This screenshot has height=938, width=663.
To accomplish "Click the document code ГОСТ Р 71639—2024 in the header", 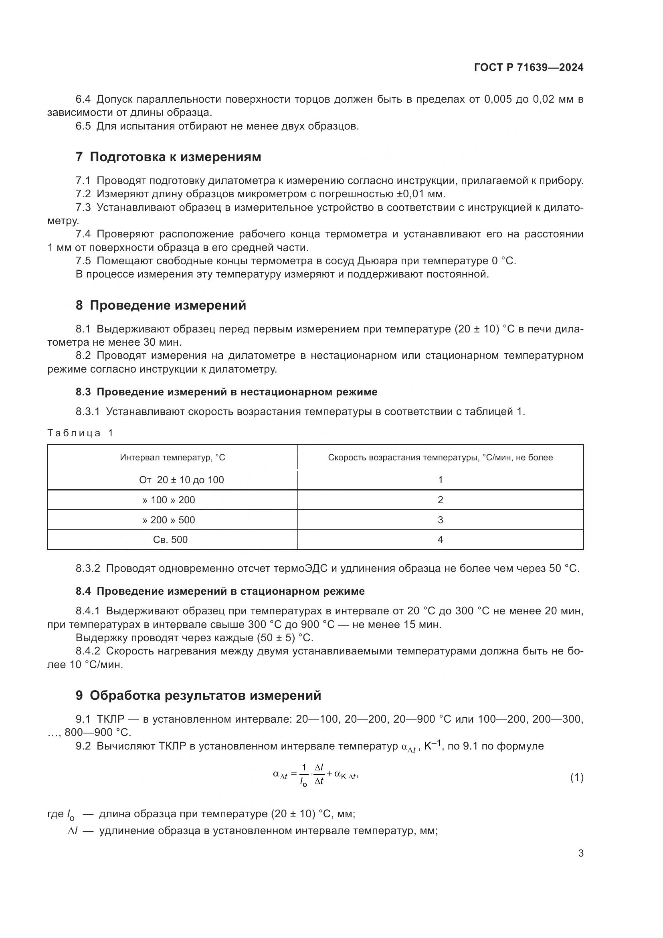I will pyautogui.click(x=529, y=68).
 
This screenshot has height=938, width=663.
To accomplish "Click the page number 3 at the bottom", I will pyautogui.click(x=580, y=853).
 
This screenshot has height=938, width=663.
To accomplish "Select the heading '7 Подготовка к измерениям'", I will pyautogui.click(x=168, y=157).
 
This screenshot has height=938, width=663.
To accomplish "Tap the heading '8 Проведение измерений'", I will pyautogui.click(x=161, y=305).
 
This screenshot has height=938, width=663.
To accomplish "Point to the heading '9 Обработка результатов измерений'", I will pyautogui.click(x=198, y=695).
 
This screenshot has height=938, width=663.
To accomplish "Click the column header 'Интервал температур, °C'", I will pyautogui.click(x=172, y=458).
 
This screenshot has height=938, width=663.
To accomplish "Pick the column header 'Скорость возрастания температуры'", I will pyautogui.click(x=440, y=458).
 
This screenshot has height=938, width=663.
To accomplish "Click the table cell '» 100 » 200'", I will pyautogui.click(x=169, y=500).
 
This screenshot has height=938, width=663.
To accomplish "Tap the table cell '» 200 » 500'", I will pyautogui.click(x=169, y=520).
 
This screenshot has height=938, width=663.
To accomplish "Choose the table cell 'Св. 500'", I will pyautogui.click(x=170, y=540).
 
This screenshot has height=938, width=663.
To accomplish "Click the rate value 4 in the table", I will pyautogui.click(x=440, y=540).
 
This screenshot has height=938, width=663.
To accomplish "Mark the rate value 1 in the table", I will pyautogui.click(x=440, y=480).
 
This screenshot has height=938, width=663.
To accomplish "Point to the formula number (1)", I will pyautogui.click(x=576, y=778).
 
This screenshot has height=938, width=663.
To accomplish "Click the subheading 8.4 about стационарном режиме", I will pyautogui.click(x=220, y=591).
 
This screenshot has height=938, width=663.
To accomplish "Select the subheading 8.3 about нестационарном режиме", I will pyautogui.click(x=226, y=392).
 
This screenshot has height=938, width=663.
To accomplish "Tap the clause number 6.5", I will pyautogui.click(x=83, y=126).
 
